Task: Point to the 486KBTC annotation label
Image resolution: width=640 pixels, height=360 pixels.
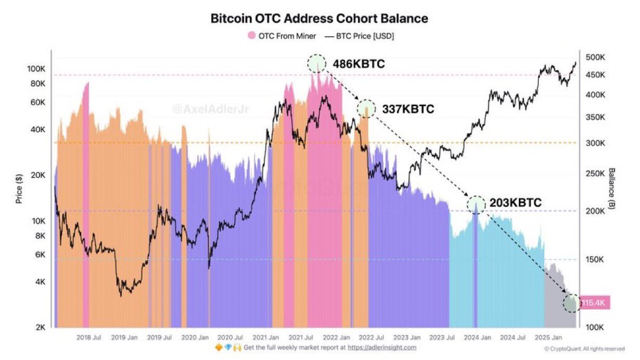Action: pyautogui.click(x=358, y=64)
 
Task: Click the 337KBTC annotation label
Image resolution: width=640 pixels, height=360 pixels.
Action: pyautogui.click(x=408, y=109)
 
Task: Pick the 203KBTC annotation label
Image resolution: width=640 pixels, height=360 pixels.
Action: pyautogui.click(x=515, y=203)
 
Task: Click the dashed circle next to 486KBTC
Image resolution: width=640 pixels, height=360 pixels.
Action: pyautogui.click(x=317, y=63)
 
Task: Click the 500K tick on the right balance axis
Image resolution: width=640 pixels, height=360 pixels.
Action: pyautogui.click(x=594, y=57)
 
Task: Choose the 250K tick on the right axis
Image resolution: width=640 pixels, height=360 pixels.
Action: pyautogui.click(x=594, y=173)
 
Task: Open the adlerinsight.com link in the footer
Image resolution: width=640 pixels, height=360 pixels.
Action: pyautogui.click(x=382, y=348)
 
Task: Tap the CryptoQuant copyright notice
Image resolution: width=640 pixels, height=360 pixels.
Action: pyautogui.click(x=584, y=349)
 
